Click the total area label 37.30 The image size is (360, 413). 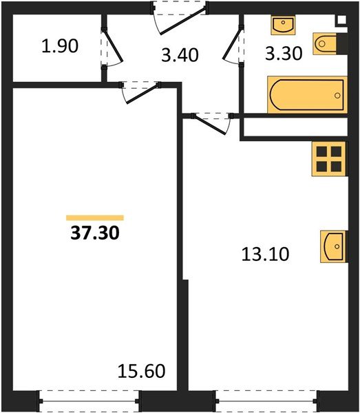click(95, 233)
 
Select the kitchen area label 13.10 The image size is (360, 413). click(265, 254)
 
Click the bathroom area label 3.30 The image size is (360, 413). click(283, 54)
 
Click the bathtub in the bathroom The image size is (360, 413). click(305, 94)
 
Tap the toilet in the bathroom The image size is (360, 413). click(326, 44)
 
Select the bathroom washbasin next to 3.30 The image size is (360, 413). click(282, 25)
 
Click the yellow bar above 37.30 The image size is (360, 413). click(95, 218)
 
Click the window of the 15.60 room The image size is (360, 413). click(89, 400)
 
